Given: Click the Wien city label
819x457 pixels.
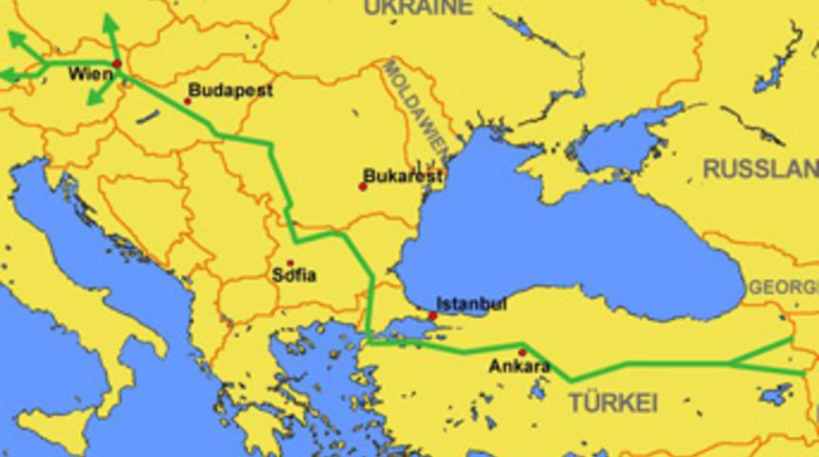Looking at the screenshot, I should click(90, 74).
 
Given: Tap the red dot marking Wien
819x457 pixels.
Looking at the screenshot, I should click(117, 65).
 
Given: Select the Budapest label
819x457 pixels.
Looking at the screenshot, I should click(230, 90).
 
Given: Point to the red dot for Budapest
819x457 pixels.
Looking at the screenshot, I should click(188, 100).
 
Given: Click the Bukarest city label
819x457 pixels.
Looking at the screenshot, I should click(404, 177).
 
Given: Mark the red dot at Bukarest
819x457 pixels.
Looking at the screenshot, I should click(362, 187).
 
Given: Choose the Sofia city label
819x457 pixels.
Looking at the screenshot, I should click(294, 276).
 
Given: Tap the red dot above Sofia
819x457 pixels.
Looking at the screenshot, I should click(290, 263).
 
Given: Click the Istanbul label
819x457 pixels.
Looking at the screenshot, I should click(471, 305).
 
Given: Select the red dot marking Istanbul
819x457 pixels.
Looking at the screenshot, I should click(432, 315).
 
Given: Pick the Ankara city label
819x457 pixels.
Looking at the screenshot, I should click(519, 366).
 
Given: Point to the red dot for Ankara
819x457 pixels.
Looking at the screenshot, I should click(522, 352).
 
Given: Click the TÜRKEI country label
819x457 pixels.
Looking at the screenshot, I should click(613, 403).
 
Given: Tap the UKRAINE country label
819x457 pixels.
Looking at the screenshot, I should click(417, 9).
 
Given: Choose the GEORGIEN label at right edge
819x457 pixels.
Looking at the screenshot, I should click(784, 287).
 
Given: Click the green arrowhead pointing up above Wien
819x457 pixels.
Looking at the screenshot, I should click(108, 21).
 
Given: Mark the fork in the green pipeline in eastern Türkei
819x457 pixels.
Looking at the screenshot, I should click(730, 363).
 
